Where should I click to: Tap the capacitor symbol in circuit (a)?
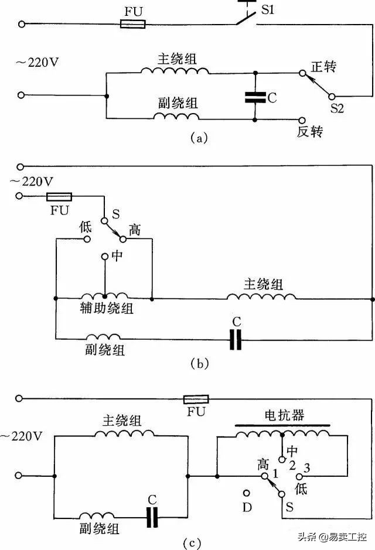(x=255, y=97)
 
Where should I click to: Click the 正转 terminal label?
(x=323, y=66)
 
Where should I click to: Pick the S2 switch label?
(x=337, y=108)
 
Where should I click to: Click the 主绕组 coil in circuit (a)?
(x=174, y=71)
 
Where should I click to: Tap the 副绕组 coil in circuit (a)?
(x=175, y=116)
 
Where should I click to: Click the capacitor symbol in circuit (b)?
(x=236, y=339)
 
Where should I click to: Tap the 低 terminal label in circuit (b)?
(x=86, y=227)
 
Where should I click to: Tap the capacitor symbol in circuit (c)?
(x=152, y=517)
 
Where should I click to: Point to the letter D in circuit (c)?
(x=247, y=507)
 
